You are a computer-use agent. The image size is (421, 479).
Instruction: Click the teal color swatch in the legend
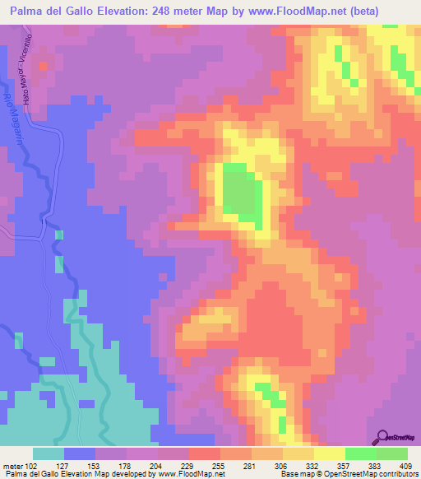click(49, 453)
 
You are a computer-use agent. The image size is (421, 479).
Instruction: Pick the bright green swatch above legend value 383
click(361, 453)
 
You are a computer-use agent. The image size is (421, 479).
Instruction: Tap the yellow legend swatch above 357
click(330, 453)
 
